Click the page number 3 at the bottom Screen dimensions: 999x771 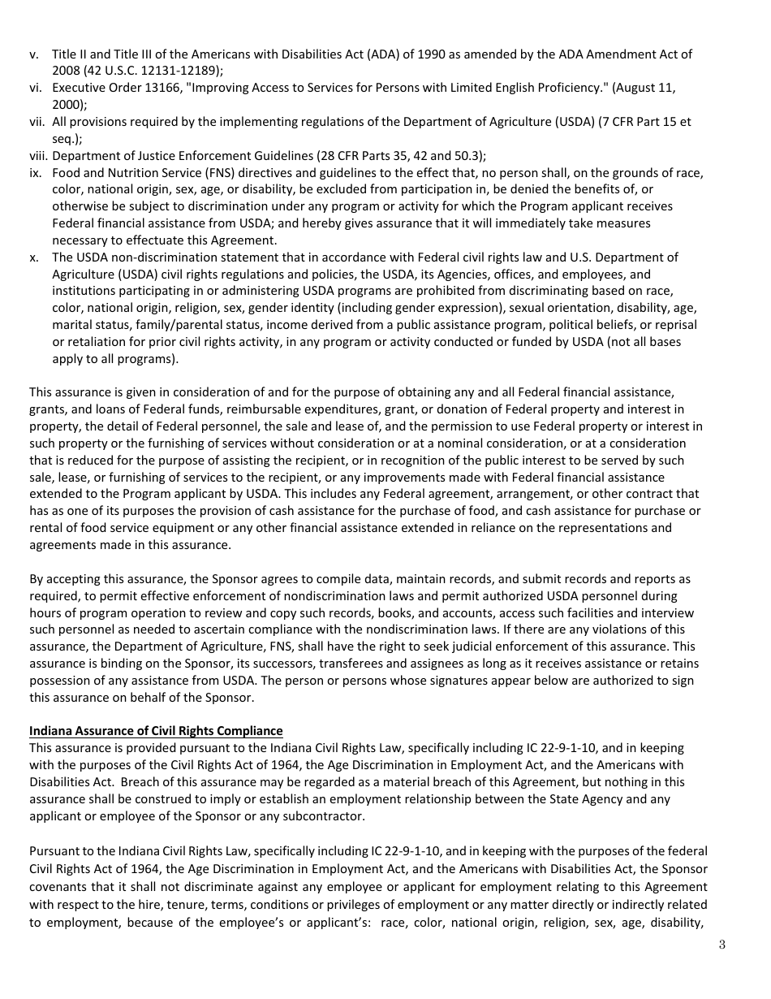(x=721, y=944)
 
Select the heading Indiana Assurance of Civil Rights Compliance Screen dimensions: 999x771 (x=156, y=731)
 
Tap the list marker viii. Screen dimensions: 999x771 (x=38, y=156)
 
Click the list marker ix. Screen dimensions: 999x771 (x=36, y=173)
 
